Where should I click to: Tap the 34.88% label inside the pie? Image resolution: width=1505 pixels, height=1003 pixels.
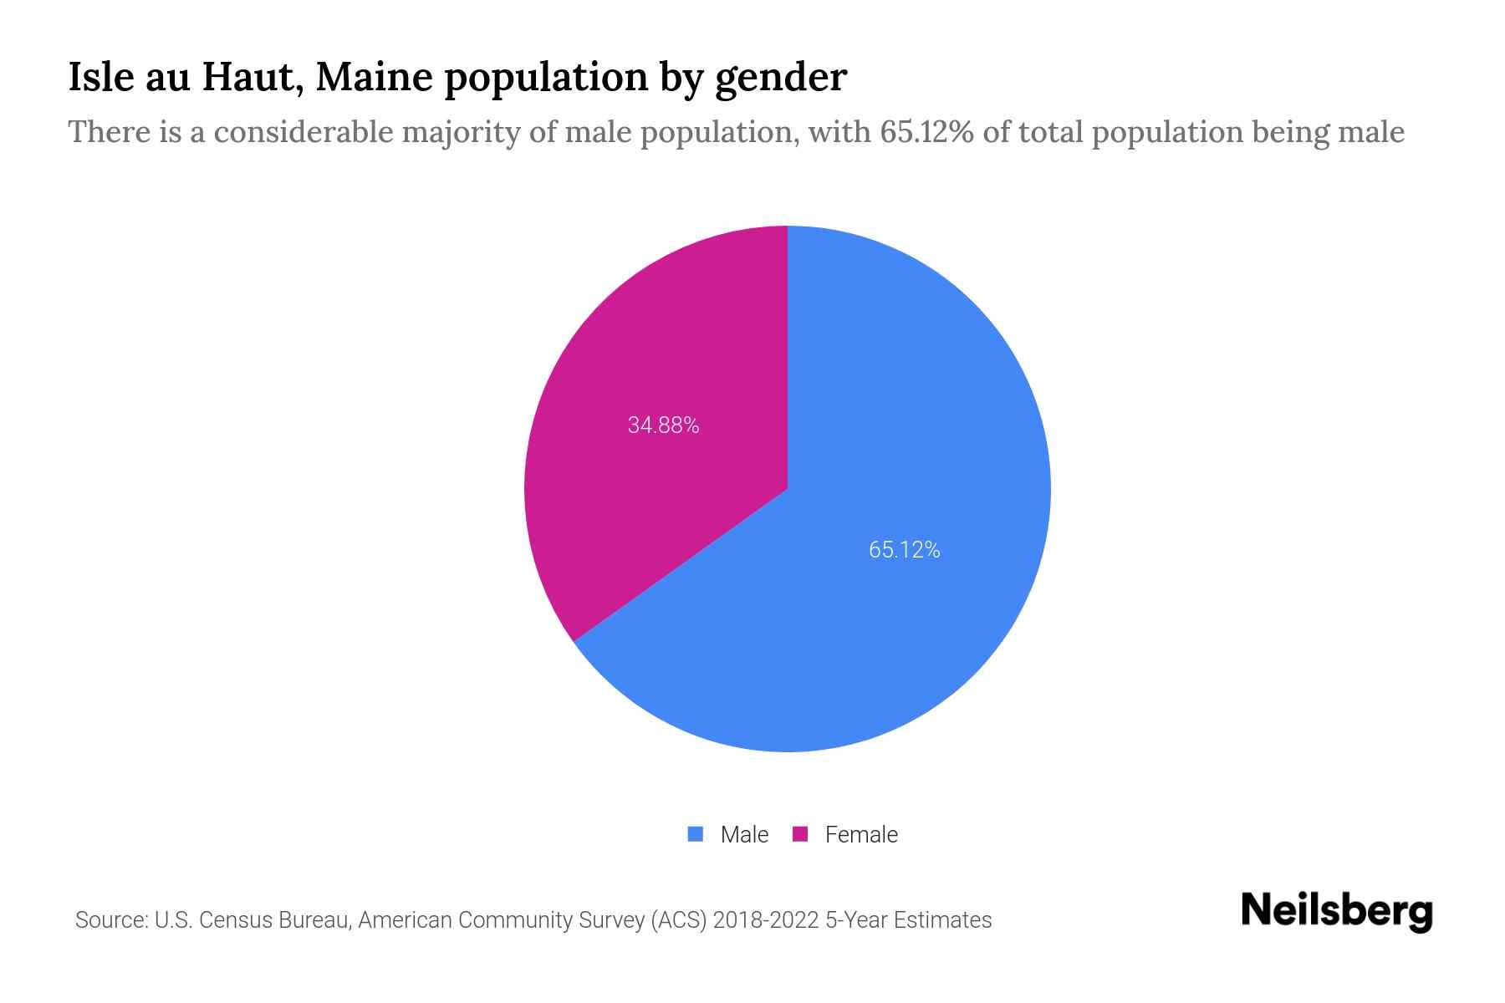pos(663,425)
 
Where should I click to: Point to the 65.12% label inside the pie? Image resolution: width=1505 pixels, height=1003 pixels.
pos(904,550)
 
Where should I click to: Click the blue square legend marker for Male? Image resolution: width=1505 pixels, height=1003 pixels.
pos(695,834)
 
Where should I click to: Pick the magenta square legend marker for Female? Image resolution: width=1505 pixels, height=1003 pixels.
pos(800,834)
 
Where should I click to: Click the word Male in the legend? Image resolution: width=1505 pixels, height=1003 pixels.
pos(744,834)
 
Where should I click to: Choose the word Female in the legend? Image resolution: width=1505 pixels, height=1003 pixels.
pos(861,834)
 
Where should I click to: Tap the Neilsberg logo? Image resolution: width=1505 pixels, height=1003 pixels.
pos(1336,911)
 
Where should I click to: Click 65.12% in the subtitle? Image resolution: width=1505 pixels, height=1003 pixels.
pos(926,132)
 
